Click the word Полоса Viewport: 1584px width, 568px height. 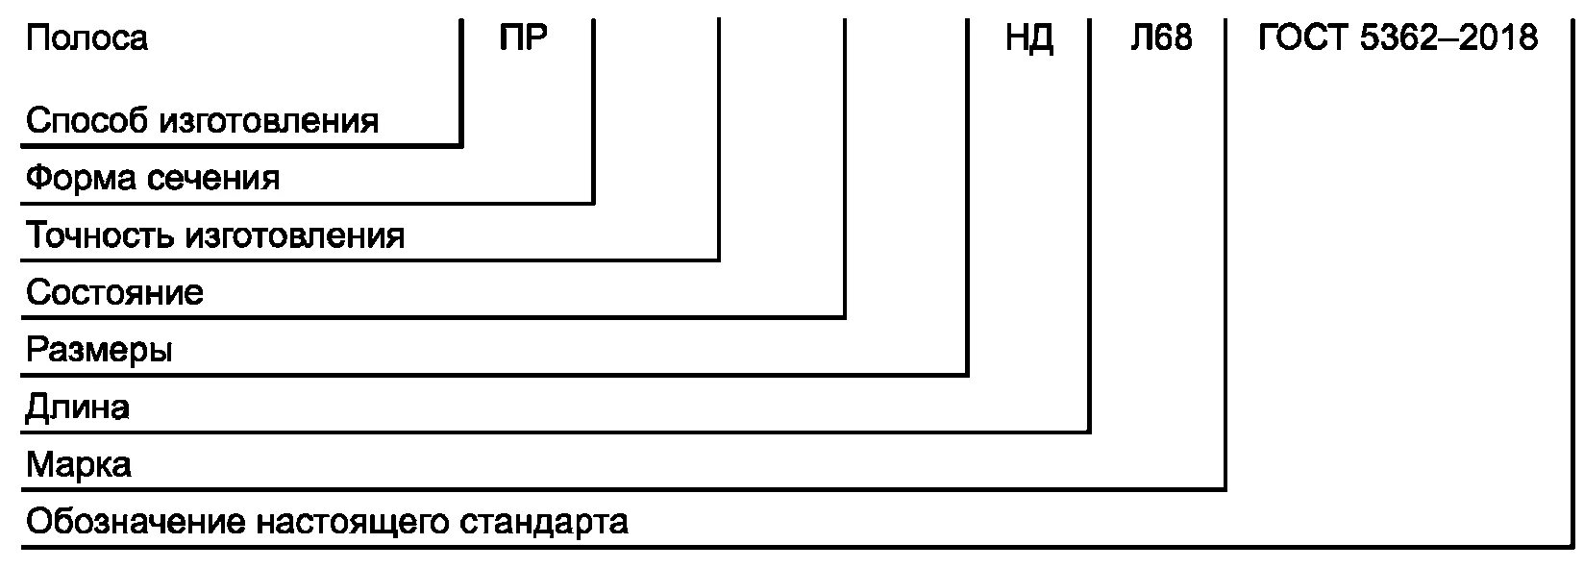click(x=87, y=38)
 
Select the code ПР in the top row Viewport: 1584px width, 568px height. click(x=524, y=38)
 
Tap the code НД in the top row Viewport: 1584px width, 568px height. click(x=1029, y=38)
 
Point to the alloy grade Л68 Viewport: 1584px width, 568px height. click(x=1160, y=38)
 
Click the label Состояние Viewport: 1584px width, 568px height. click(x=114, y=292)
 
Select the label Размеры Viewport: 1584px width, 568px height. click(x=99, y=350)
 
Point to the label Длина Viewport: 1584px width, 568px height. click(x=77, y=407)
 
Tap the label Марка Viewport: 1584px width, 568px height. click(x=79, y=465)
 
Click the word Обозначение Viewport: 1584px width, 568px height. click(x=136, y=523)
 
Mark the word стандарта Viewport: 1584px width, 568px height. click(x=544, y=523)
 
